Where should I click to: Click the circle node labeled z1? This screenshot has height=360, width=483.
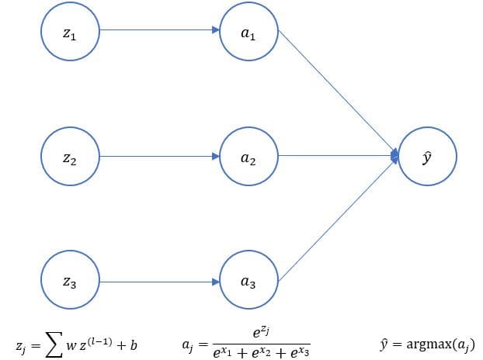pos(70,33)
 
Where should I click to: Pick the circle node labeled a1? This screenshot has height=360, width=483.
pos(248,33)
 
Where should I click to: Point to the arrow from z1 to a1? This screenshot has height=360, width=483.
pos(155,32)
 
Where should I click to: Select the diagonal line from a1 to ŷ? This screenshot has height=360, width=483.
pos(338,94)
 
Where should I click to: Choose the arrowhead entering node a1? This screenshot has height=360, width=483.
pos(216,32)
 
